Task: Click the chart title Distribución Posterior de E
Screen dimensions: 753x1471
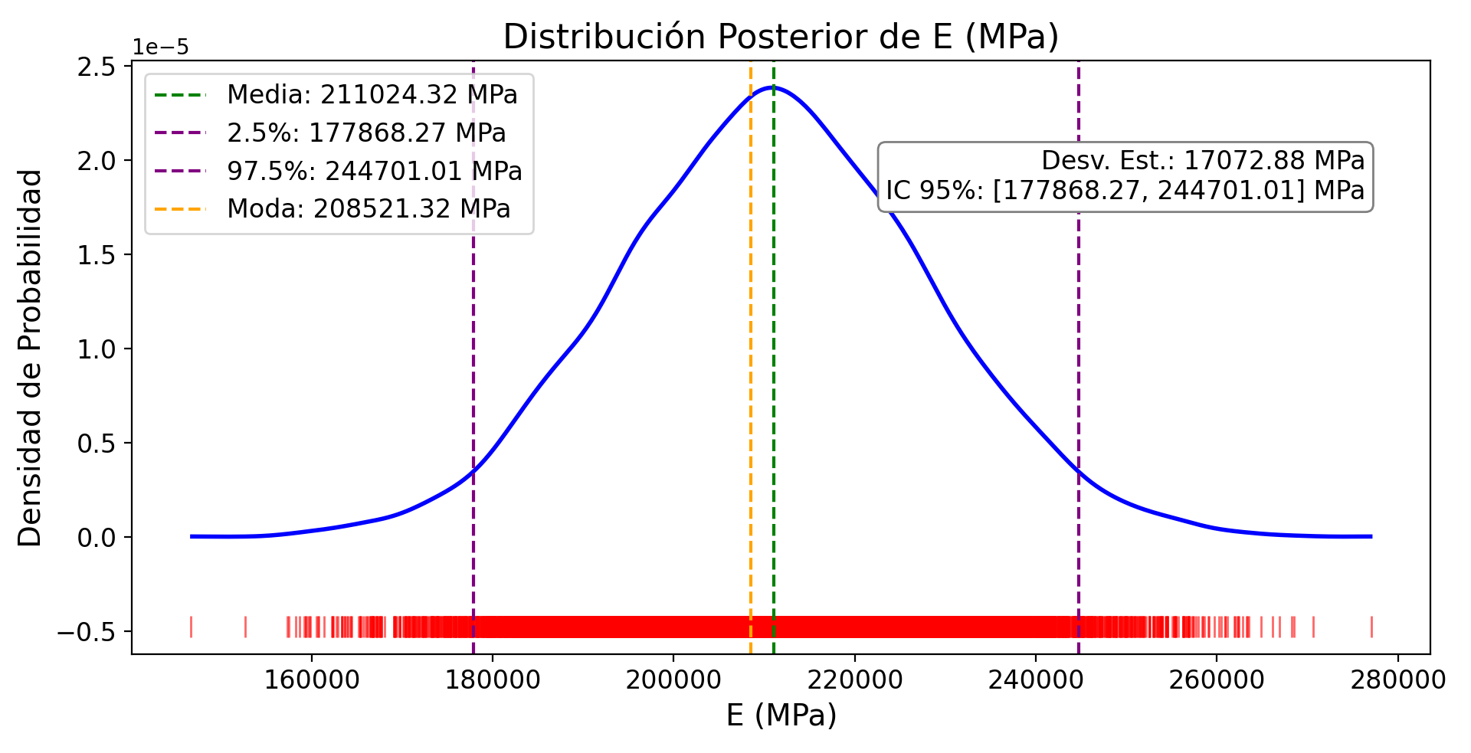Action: (x=781, y=37)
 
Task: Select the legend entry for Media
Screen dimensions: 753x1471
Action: (x=372, y=95)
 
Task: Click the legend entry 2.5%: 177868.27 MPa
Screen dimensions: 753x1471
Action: (x=366, y=133)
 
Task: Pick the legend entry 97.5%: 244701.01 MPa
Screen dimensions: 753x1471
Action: (x=375, y=171)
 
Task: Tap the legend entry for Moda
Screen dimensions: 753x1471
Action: (x=369, y=208)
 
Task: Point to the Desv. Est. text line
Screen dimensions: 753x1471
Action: (x=1203, y=161)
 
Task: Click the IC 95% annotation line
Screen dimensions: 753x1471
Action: (x=1125, y=190)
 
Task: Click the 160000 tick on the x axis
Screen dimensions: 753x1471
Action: (x=311, y=679)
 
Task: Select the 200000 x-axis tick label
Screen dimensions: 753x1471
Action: (x=673, y=679)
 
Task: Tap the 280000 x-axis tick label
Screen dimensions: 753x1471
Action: (x=1397, y=679)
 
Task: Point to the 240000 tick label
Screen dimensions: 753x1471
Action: (x=1036, y=679)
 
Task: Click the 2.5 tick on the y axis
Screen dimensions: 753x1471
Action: (x=97, y=67)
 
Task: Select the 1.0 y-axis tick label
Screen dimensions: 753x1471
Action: (x=97, y=349)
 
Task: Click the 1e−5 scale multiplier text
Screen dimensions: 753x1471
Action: (x=161, y=47)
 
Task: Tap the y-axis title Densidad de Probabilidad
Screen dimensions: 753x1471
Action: (x=31, y=358)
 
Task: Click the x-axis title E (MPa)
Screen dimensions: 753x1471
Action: (x=781, y=715)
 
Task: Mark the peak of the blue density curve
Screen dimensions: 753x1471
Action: (x=774, y=87)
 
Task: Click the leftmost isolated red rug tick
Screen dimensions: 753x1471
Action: (x=191, y=627)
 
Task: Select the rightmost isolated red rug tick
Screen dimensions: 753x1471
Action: (x=1371, y=627)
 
